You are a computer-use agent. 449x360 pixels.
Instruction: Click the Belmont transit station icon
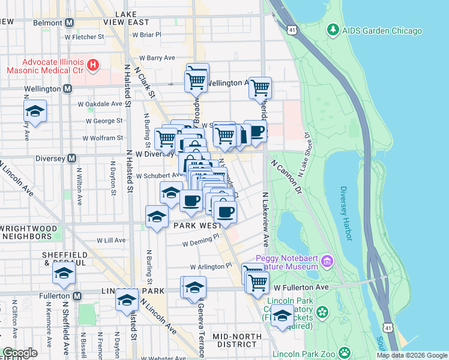point(70,23)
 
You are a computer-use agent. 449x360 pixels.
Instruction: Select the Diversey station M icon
point(71,158)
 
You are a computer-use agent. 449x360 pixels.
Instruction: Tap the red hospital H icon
point(93,64)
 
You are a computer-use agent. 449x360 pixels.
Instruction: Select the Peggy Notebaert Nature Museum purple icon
point(327,261)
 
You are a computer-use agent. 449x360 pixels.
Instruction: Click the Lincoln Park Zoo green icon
point(345,352)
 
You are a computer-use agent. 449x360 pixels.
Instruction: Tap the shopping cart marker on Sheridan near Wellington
point(260,88)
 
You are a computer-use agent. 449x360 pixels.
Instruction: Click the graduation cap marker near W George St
point(35,111)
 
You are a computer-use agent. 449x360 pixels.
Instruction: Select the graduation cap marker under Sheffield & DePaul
point(64,274)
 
